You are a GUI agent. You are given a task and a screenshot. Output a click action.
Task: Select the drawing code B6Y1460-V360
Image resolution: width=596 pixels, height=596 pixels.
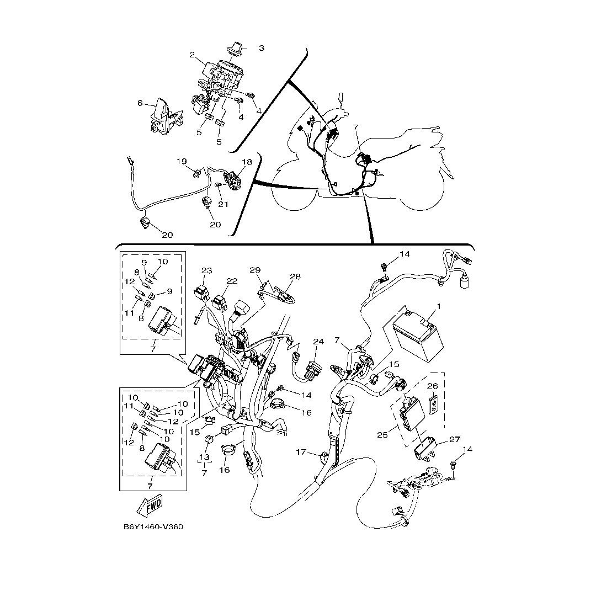(x=153, y=527)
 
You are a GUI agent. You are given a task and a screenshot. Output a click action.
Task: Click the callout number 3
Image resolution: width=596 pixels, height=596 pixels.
(x=262, y=48)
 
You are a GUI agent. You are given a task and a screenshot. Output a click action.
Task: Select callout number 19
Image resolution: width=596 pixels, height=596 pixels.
(x=182, y=162)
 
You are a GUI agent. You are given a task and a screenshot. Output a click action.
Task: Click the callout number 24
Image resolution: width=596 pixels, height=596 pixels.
(x=318, y=342)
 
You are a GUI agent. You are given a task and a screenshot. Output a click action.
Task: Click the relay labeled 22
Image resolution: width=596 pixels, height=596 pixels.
(x=220, y=304)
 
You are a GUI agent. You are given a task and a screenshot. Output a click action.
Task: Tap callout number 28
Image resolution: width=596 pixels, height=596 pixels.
(x=295, y=276)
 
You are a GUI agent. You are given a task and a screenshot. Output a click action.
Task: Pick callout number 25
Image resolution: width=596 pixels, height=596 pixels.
(x=382, y=434)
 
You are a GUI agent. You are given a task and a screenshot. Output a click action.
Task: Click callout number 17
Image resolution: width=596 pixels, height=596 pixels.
(x=301, y=453)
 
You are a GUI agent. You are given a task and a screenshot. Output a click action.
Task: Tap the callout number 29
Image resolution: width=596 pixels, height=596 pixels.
(x=255, y=270)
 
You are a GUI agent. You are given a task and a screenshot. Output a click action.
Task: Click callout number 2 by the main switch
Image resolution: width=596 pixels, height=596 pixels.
(x=193, y=55)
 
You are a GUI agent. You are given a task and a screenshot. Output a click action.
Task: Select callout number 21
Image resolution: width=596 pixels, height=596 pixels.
(x=223, y=205)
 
